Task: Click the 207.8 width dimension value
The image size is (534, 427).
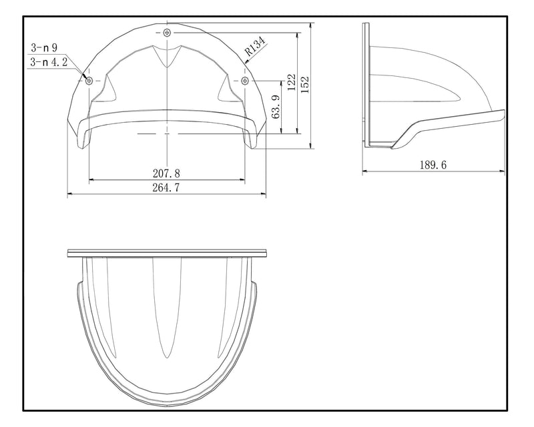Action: pyautogui.click(x=166, y=173)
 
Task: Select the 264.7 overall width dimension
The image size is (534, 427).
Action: pyautogui.click(x=166, y=187)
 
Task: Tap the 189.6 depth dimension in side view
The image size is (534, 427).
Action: pyautogui.click(x=433, y=165)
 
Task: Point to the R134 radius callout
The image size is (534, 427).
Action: pyautogui.click(x=255, y=46)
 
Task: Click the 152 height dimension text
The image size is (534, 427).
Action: pyautogui.click(x=304, y=84)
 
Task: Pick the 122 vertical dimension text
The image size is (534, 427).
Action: pyautogui.click(x=292, y=82)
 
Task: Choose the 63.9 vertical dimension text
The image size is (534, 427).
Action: pyautogui.click(x=276, y=106)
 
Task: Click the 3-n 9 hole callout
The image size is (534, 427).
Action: pyautogui.click(x=44, y=47)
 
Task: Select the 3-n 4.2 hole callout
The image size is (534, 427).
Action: pyautogui.click(x=49, y=61)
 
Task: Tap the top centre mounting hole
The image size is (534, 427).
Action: pyautogui.click(x=167, y=33)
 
